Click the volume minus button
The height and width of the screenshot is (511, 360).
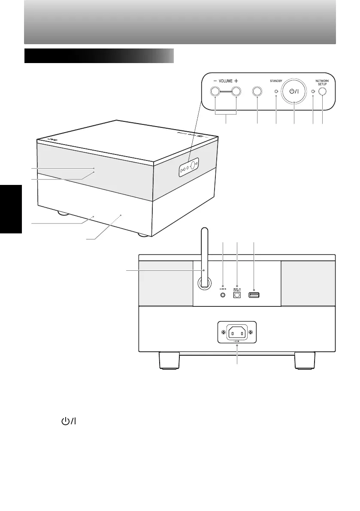coord(215,91)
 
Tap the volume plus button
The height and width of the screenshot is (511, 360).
coord(236,91)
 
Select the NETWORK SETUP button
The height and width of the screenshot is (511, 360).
coord(323,91)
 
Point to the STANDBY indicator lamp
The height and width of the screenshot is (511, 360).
coord(276,91)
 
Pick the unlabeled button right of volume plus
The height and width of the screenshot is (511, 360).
coord(257,91)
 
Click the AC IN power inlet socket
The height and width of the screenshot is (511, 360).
coord(237,333)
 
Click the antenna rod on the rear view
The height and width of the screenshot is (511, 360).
coord(204,257)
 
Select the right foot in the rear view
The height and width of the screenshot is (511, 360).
coord(305,360)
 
